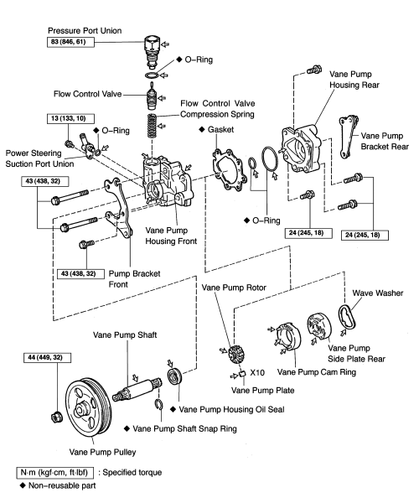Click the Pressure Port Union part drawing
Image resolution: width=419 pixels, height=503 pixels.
coord(152,51)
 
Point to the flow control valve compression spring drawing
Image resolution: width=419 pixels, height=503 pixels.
coord(152,126)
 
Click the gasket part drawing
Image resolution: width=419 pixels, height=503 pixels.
coord(230,170)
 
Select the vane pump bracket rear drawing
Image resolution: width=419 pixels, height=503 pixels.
coord(348,137)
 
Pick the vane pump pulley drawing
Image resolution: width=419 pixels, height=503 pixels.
coord(89,407)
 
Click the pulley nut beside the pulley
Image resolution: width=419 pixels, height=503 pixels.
coord(57,417)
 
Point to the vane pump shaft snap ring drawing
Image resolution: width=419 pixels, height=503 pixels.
coord(158,405)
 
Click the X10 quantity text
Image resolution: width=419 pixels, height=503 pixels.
coord(257,372)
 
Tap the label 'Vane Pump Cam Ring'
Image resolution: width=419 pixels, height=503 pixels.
coord(317,372)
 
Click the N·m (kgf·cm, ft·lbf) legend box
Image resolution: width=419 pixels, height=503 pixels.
coord(55,473)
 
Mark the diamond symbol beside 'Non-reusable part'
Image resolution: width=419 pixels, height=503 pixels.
coord(23,485)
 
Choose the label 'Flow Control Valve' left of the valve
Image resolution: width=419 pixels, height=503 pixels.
coord(87,94)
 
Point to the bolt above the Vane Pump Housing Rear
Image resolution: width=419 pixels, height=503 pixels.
coord(314,70)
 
